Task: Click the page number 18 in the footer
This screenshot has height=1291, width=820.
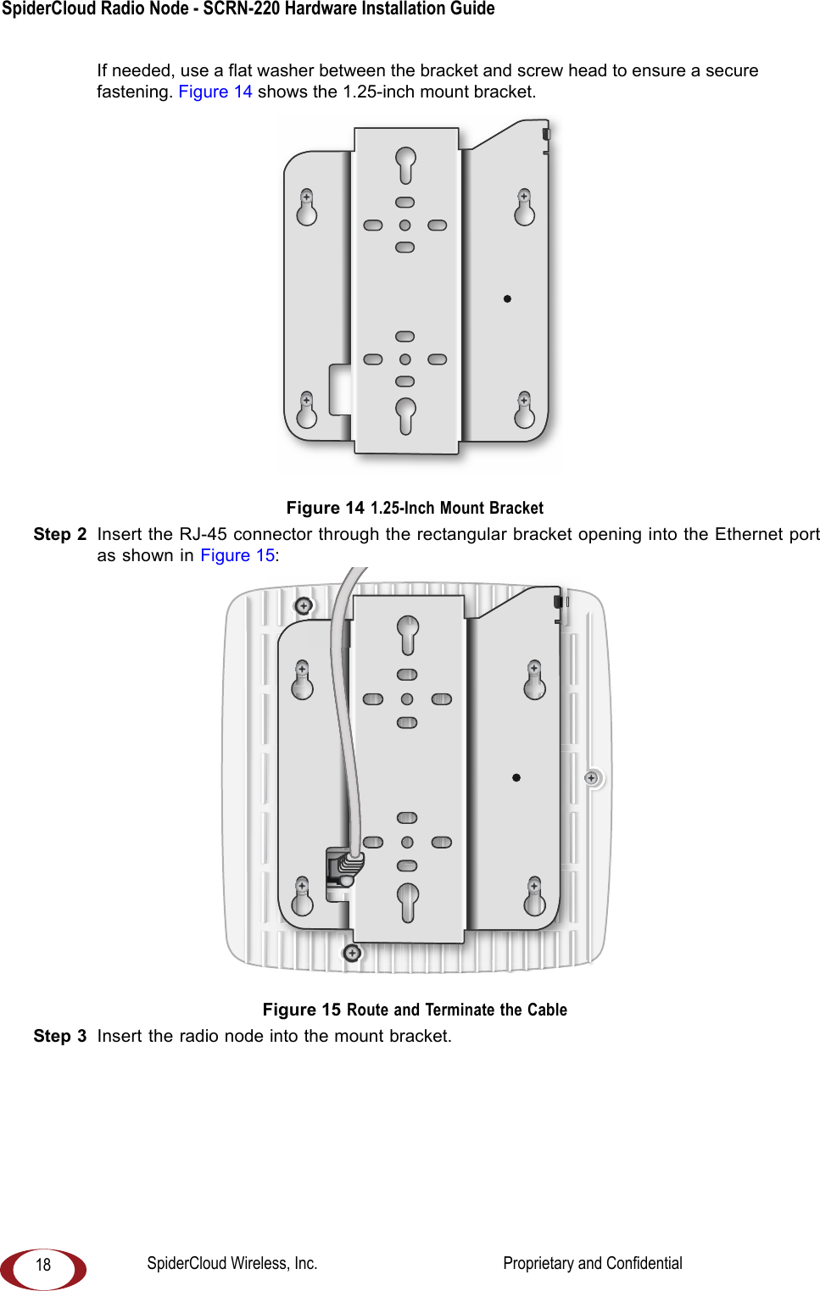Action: [43, 1265]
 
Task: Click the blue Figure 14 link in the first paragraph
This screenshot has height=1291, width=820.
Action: [215, 92]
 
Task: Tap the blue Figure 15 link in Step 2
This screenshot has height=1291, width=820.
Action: [237, 555]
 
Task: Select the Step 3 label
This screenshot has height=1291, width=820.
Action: [60, 1036]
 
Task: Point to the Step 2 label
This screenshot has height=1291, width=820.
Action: [60, 534]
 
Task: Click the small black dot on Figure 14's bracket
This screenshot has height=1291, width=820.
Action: [507, 298]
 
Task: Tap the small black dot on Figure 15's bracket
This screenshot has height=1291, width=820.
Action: [516, 777]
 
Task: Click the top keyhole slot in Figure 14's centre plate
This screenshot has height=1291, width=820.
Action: [405, 164]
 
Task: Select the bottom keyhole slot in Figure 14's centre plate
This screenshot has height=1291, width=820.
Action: [405, 414]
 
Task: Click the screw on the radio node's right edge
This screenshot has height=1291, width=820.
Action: [592, 777]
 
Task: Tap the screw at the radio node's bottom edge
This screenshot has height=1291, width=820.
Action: [352, 953]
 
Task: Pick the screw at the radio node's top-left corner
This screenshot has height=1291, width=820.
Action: [304, 605]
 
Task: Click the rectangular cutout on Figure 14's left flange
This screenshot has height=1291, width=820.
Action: [341, 390]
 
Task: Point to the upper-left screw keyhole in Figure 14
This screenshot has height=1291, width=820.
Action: [306, 207]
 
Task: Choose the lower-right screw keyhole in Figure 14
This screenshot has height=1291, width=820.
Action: [525, 410]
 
